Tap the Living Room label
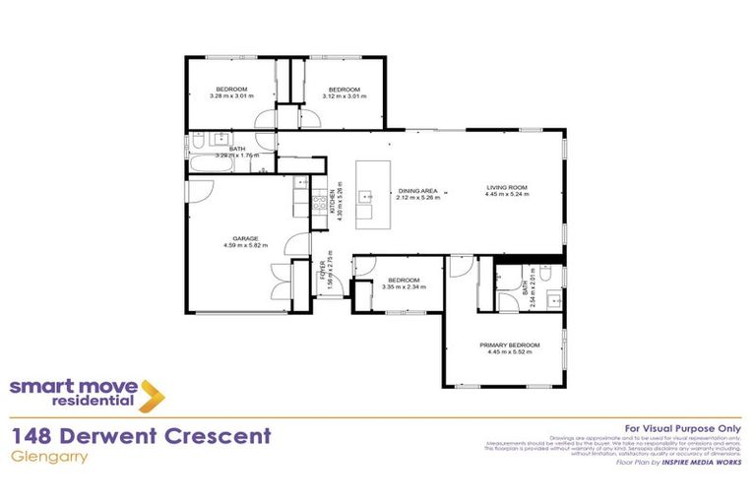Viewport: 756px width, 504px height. (507, 187)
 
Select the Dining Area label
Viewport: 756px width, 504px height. (417, 191)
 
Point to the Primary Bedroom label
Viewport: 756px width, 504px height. (509, 345)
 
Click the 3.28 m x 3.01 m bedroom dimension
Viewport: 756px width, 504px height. (231, 96)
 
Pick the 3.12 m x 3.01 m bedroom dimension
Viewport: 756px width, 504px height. (344, 96)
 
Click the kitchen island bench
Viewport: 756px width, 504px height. (370, 193)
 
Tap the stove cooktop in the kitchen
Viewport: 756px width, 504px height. (319, 205)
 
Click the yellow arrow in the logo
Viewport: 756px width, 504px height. (152, 396)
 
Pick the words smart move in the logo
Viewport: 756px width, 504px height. (74, 386)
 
